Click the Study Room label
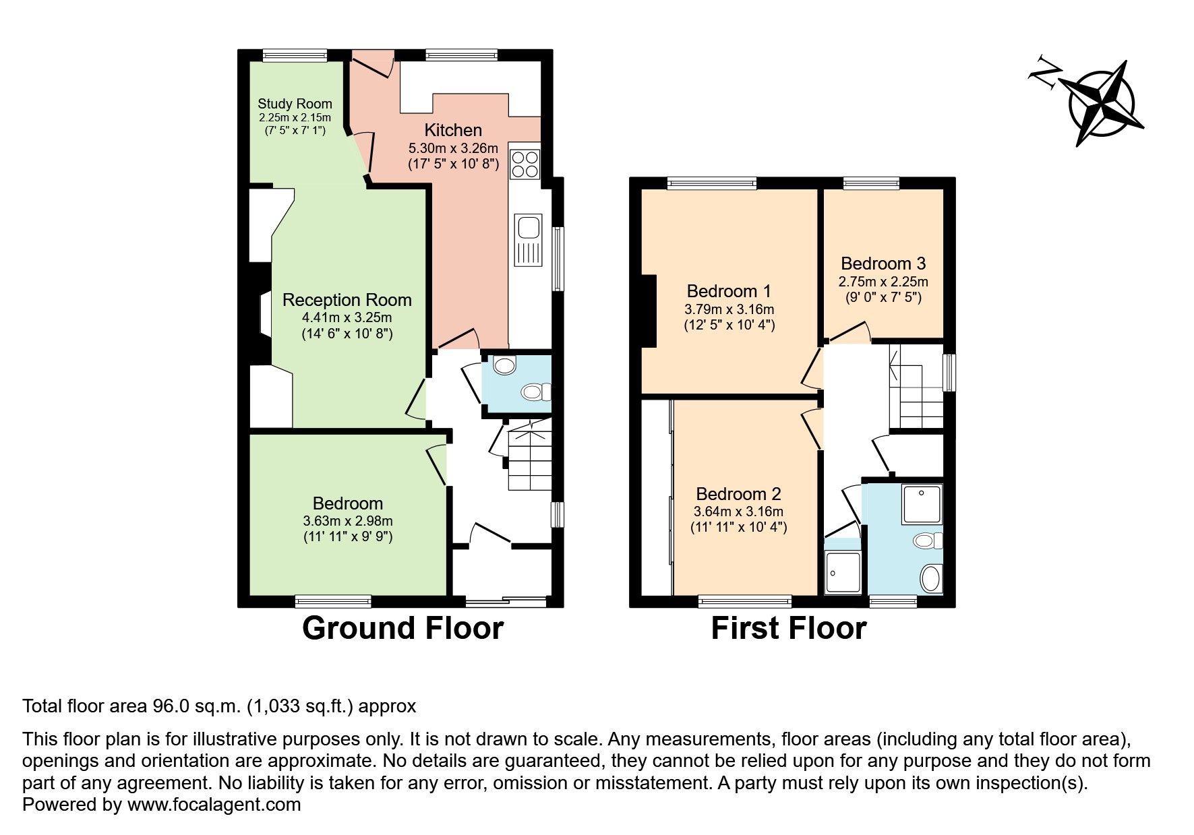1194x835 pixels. point(295,104)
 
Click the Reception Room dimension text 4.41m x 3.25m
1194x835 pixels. point(347,317)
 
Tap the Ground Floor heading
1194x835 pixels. point(403,628)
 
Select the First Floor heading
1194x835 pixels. point(788,628)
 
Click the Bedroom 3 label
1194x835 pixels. point(883,264)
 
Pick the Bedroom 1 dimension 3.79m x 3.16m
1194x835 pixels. point(729,309)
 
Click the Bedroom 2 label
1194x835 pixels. point(738,494)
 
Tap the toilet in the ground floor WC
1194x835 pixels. point(537,392)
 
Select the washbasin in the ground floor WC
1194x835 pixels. point(504,366)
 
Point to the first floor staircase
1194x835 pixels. point(916,386)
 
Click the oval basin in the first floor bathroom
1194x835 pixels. point(931,578)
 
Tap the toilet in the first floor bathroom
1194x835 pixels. point(928,540)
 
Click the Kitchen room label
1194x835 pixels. point(453,130)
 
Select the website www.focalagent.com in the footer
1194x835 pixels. point(214,805)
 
